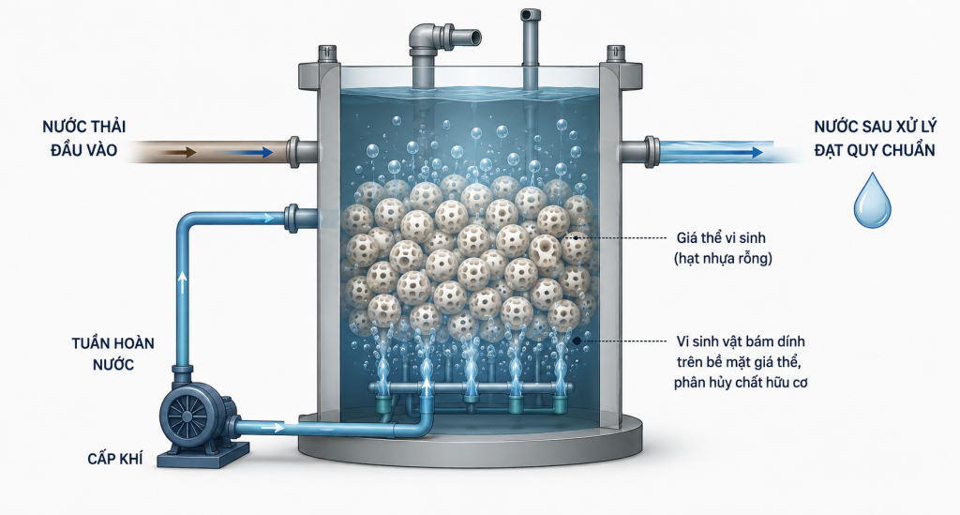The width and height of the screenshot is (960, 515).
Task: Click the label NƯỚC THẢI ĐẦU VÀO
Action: [83, 139]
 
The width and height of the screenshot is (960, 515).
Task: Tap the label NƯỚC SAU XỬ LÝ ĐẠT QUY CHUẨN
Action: [875, 139]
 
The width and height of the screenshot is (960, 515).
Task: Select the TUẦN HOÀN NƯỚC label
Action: [113, 354]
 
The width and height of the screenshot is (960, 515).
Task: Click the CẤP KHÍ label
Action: [115, 458]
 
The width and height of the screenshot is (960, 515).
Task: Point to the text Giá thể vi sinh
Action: [721, 237]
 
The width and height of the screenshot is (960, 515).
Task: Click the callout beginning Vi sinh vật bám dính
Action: [741, 362]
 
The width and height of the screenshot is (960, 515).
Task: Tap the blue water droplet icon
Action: [873, 200]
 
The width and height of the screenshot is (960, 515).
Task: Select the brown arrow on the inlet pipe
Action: [183, 152]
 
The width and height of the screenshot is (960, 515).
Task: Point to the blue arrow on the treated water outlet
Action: [728, 152]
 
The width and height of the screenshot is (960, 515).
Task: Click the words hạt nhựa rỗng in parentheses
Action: [723, 258]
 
